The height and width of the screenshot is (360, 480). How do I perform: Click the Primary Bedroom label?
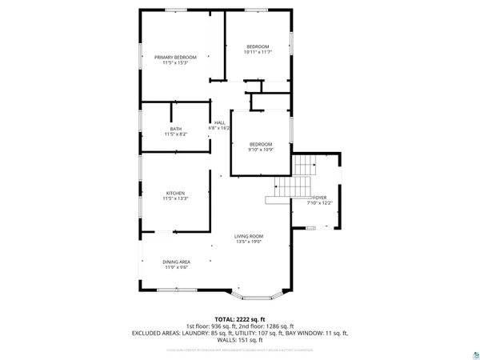coord(175,57)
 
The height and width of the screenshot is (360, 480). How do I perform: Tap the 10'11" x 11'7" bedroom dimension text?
coord(258,52)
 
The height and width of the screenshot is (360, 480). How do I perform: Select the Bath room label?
coord(175,129)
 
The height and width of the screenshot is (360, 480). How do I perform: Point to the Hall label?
coord(219,122)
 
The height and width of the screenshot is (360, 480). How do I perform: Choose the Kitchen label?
coord(175,193)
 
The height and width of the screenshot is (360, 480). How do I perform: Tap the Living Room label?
coord(249,236)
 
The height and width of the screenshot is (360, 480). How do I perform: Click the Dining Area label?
coord(176,262)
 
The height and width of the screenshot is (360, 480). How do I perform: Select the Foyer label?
coord(319,197)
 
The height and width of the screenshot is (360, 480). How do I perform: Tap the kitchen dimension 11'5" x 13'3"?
coord(175,198)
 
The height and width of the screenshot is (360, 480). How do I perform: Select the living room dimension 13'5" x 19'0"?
coord(249,242)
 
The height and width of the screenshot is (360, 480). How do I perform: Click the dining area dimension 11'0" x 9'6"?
coord(176,267)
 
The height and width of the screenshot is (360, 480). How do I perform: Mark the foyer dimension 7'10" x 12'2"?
coord(319,202)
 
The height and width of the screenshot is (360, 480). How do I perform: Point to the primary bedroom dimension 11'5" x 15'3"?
coord(175,62)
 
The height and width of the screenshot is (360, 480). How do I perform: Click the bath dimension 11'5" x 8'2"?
coord(175,134)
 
